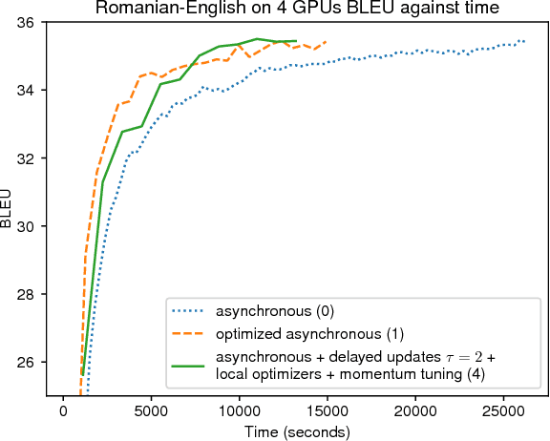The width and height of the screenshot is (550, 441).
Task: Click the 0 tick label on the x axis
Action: tap(64, 409)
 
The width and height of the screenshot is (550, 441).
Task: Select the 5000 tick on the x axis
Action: tap(151, 409)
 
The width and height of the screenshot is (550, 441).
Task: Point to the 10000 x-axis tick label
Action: tap(238, 409)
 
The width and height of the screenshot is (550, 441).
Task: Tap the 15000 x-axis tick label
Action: tap(326, 409)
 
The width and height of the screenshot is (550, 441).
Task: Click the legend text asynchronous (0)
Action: tap(275, 311)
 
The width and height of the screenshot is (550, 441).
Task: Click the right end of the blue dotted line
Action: tap(524, 41)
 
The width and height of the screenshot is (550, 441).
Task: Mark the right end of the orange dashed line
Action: tap(327, 42)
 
